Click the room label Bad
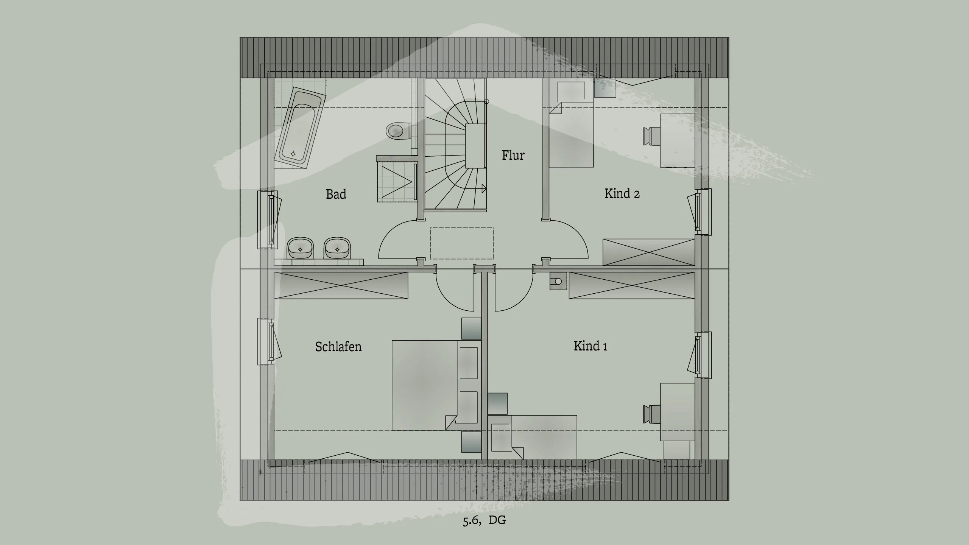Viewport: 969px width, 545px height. coord(336,194)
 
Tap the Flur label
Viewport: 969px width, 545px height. coord(513,155)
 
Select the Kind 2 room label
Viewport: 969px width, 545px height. coord(622,193)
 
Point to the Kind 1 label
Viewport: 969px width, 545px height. coord(590,346)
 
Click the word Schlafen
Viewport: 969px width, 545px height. coord(338,347)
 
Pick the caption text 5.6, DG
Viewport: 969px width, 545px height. coord(484,520)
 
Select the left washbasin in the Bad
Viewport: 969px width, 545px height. coord(301,248)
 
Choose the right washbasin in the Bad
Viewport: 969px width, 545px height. coord(337,248)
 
